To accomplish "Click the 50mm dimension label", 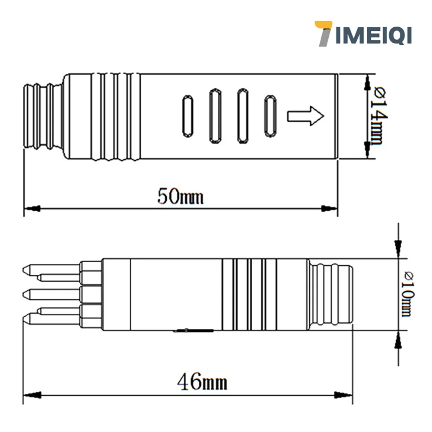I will (x=180, y=197).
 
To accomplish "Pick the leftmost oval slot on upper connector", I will (x=187, y=116).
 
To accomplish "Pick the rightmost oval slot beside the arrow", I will (x=270, y=116).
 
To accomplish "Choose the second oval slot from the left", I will (x=215, y=116).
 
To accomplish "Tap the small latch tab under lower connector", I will (x=193, y=331).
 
